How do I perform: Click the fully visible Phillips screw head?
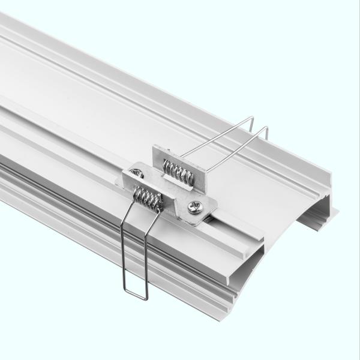point(195,208)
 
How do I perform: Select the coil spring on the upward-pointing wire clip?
point(178,172)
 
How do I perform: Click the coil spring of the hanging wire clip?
point(148,199)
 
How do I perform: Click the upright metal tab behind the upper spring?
point(180,157)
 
